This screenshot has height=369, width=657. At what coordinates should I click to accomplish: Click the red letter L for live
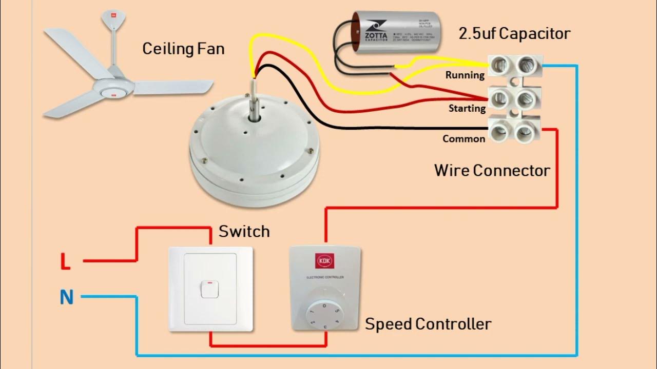65,262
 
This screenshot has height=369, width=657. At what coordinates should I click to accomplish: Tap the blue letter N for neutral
67,297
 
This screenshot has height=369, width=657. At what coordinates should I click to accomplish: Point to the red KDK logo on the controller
324,261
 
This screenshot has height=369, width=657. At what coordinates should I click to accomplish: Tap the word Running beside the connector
465,75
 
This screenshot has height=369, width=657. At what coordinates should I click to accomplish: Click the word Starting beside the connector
467,108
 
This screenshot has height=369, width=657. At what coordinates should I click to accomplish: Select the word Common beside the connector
463,138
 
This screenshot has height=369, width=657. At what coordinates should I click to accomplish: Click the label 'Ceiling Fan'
183,49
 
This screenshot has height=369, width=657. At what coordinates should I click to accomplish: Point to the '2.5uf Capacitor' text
514,34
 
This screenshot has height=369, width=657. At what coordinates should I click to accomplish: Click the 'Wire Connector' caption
492,170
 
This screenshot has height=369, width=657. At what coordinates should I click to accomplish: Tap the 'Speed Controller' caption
428,324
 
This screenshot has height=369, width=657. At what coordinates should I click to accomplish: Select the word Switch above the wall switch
244,232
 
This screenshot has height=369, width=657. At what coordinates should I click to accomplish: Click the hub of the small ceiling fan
114,88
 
